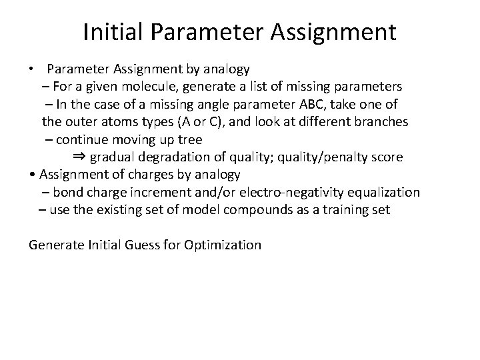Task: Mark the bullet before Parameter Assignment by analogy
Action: pos(32,69)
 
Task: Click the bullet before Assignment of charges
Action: pos(33,175)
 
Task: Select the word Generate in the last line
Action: pos(55,245)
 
